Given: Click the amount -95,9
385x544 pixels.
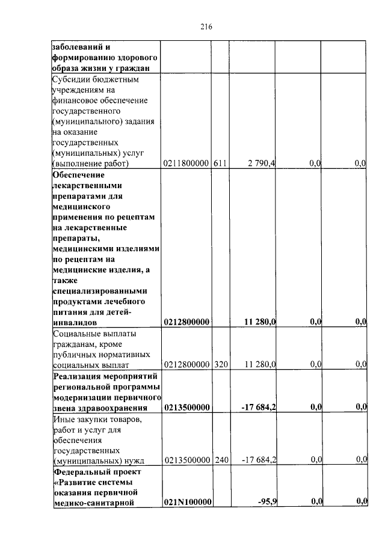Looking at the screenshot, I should pyautogui.click(x=265, y=501).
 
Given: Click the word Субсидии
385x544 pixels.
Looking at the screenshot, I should pyautogui.click(x=71, y=79).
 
